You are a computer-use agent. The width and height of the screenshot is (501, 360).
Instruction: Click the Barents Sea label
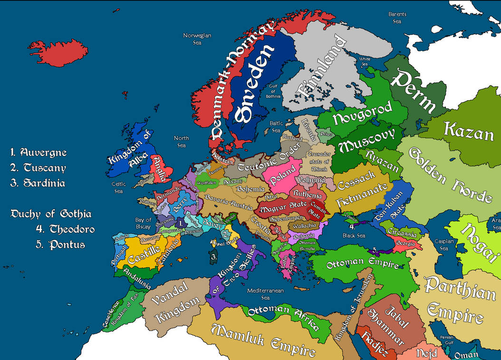pos(397,18)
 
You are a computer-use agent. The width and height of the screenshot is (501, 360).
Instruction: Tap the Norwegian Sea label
pos(197,39)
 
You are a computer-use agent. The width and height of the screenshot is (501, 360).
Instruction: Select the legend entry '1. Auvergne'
pos(39,153)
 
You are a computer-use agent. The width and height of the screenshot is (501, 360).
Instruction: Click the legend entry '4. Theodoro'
pos(65,229)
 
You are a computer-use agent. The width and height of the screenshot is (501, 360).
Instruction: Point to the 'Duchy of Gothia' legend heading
pos(51,214)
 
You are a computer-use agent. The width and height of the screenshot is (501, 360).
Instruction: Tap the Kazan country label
pos(468,132)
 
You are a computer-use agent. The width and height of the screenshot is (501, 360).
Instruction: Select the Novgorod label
pos(362,113)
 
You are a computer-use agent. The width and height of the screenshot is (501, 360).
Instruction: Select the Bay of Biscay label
pos(143,223)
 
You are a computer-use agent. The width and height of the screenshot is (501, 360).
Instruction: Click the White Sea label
pos(365,62)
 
